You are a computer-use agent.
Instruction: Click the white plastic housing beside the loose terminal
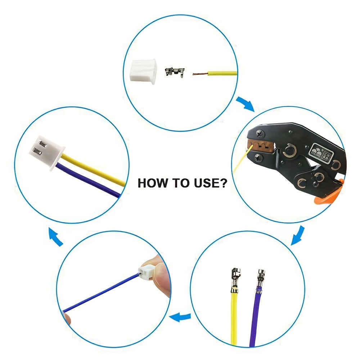pyautogui.click(x=143, y=71)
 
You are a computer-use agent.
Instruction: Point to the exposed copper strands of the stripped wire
pyautogui.click(x=199, y=74)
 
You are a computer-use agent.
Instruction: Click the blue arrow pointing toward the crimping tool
pyautogui.click(x=245, y=104)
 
